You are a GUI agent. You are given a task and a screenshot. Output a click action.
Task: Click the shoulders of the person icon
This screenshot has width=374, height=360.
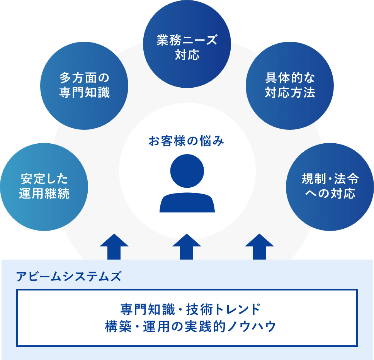pos(187,204)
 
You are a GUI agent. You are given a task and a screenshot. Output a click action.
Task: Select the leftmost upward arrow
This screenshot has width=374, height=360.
pos(114,247)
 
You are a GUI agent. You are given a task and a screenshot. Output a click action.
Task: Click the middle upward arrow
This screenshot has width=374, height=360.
pos(187,247)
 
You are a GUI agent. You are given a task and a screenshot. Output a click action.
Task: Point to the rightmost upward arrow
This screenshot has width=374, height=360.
pos(259,247)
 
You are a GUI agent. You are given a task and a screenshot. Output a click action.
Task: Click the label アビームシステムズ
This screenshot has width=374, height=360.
pos(69,277)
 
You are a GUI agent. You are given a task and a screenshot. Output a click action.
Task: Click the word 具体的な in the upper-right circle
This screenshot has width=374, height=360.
pos(290,78)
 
